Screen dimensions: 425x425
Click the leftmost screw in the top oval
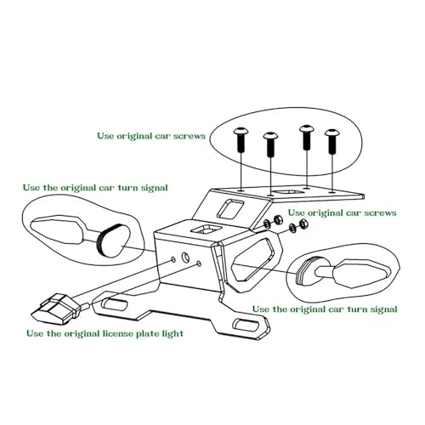pos(241,140)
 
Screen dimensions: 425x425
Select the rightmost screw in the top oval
pos(332,142)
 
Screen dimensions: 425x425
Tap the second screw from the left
pos(270,144)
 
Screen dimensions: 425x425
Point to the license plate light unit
pos(54,309)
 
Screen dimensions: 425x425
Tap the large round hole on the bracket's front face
pos(186,257)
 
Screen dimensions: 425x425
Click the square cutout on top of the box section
pos(206,229)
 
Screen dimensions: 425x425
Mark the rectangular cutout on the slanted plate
pos(230,208)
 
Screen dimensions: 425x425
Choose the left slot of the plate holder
pos(114,304)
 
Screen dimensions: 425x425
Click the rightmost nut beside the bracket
pos(303,224)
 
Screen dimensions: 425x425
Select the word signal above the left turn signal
pos(155,188)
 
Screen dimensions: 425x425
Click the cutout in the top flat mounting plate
pos(288,192)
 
